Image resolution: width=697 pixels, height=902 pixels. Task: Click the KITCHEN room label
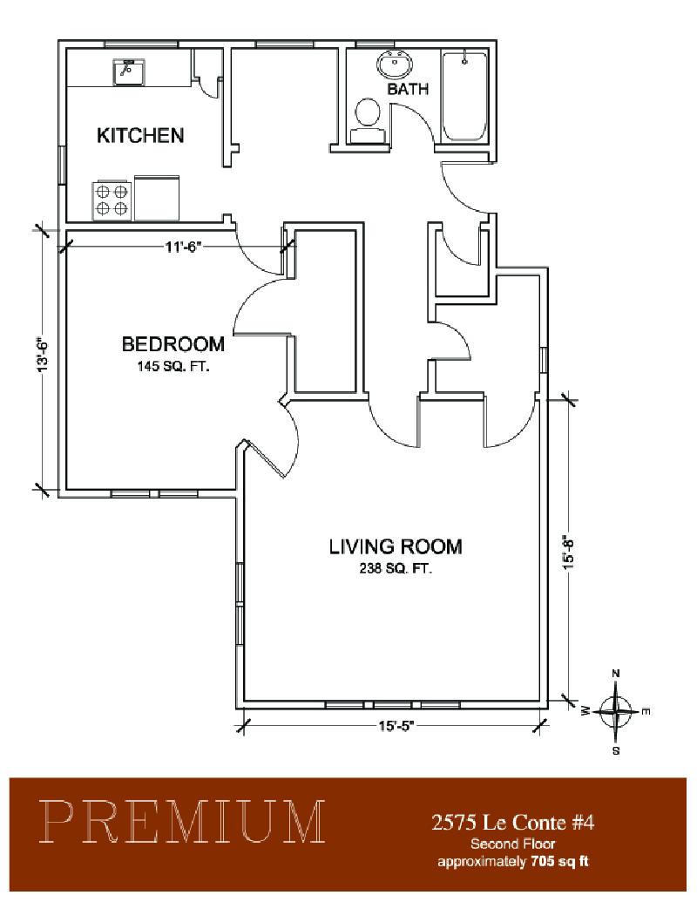140,135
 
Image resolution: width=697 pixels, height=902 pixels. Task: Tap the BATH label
408,89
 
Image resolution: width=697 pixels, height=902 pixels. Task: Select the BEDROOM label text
173,344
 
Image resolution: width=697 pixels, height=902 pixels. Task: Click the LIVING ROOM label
396,546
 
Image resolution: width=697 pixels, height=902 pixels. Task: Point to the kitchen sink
129,71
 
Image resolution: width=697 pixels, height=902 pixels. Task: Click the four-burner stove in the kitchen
112,200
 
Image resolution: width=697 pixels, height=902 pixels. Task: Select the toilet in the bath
368,119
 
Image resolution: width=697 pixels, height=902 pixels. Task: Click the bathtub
464,96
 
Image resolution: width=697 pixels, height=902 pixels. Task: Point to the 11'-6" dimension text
184,248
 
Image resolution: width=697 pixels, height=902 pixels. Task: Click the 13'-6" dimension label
42,355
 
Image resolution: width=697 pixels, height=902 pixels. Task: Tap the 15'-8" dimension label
570,553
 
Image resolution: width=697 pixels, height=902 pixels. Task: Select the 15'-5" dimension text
396,726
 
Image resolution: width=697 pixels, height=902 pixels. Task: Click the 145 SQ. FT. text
173,366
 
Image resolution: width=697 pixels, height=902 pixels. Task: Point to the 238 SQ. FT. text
396,569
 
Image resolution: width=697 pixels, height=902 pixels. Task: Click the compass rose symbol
616,712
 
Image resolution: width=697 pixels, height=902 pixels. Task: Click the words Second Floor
513,844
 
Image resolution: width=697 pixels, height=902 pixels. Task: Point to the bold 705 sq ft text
559,862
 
